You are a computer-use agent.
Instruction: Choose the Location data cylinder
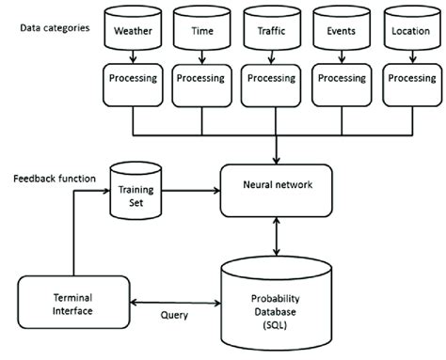tap(412, 30)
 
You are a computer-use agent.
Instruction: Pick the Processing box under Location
tap(412, 79)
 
